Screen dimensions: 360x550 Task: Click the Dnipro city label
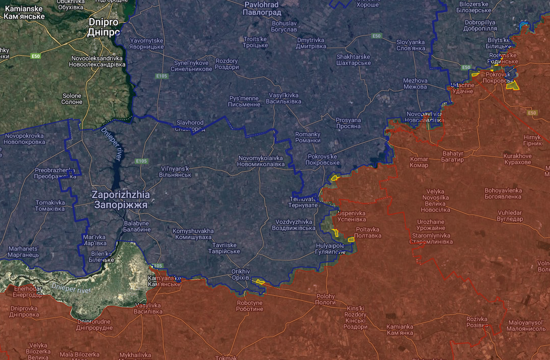(x=103, y=27)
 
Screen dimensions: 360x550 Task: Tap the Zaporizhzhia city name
(x=121, y=199)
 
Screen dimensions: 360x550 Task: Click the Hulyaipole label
(x=330, y=249)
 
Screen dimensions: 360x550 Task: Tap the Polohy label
(x=326, y=299)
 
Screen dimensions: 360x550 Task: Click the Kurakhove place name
(x=518, y=159)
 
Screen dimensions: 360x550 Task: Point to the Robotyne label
(x=250, y=306)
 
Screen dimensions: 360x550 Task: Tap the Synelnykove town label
(x=191, y=65)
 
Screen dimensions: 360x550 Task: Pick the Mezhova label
(x=415, y=84)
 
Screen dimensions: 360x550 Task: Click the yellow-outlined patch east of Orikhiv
(x=259, y=282)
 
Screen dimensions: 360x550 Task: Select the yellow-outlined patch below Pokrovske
(x=334, y=178)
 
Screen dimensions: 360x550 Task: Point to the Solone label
(x=72, y=99)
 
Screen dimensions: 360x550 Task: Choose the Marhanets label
(x=23, y=252)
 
